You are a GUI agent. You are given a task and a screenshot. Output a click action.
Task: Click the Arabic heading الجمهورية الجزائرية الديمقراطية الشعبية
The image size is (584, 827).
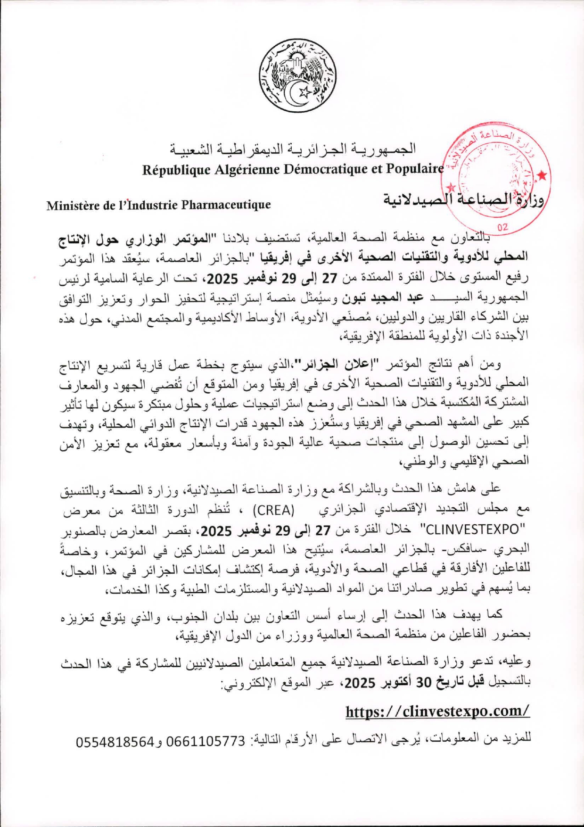pyautogui.click(x=293, y=149)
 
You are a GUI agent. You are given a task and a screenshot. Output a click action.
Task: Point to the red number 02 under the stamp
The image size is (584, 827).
pyautogui.click(x=502, y=227)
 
